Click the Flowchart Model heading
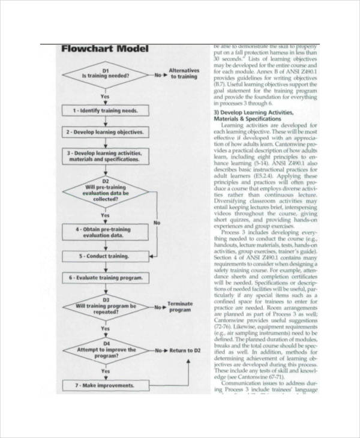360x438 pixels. (x=104, y=49)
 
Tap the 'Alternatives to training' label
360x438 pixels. (x=184, y=73)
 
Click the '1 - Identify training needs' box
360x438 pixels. (x=106, y=111)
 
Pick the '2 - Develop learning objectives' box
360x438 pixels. (x=106, y=132)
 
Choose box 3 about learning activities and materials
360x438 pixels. (x=106, y=157)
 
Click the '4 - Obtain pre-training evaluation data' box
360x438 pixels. (x=106, y=232)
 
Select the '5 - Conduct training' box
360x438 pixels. (x=106, y=257)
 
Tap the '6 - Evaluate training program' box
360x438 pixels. (x=106, y=278)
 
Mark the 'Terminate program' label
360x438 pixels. (x=180, y=307)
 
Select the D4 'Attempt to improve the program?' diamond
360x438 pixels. (x=106, y=350)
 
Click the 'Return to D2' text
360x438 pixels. (x=185, y=350)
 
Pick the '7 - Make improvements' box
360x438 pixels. (x=106, y=385)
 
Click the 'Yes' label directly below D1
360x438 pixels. (x=105, y=96)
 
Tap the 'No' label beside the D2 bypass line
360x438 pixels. (x=157, y=223)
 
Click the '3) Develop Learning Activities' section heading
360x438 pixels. (x=254, y=113)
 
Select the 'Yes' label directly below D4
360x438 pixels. (x=105, y=371)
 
